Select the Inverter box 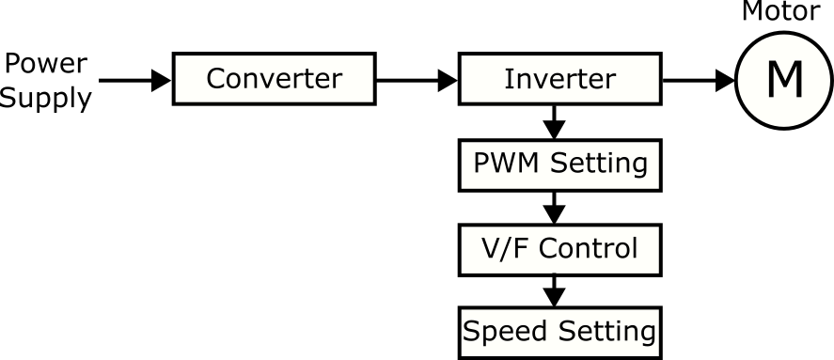(x=559, y=79)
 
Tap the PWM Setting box (x=559, y=164)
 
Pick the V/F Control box (x=559, y=248)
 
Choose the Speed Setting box (x=559, y=331)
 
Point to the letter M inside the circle (x=784, y=81)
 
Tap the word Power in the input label (x=46, y=64)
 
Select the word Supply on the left (x=46, y=97)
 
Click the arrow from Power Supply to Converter (x=135, y=80)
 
